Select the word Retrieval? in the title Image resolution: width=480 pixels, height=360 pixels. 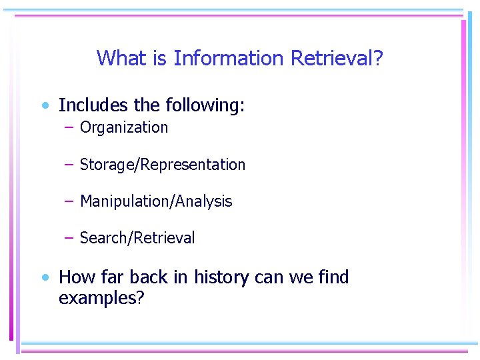[x=337, y=59]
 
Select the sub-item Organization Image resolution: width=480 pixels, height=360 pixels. [x=124, y=127]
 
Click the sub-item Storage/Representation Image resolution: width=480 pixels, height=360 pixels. [x=162, y=165]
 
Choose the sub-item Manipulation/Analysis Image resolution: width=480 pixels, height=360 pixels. [x=155, y=201]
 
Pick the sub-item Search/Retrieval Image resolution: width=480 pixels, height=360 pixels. [x=137, y=238]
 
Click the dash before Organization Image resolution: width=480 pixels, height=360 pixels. [x=69, y=127]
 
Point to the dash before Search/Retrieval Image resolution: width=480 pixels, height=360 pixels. [x=69, y=238]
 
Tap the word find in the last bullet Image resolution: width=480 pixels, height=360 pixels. [x=333, y=277]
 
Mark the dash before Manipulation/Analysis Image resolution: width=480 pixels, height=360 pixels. [x=69, y=201]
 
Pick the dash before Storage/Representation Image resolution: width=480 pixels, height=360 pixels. [x=69, y=165]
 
